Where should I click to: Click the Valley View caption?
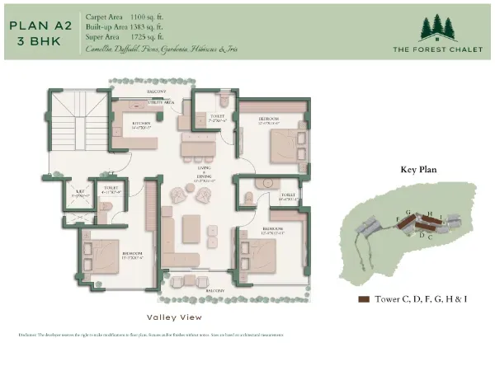[174, 317]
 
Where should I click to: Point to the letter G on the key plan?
[408, 212]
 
